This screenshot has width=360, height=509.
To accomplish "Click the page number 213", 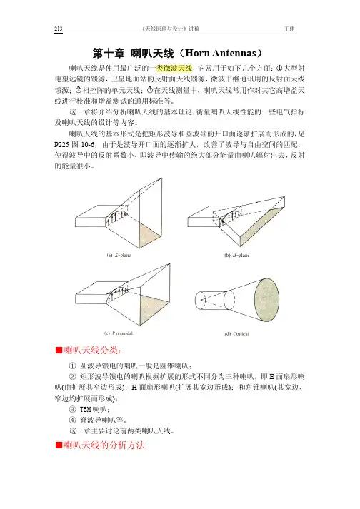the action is click(x=58, y=29).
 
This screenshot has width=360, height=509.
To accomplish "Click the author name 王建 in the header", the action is click(x=289, y=29).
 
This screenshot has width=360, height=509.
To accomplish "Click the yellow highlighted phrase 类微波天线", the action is click(x=174, y=68).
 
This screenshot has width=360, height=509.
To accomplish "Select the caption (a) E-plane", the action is click(x=119, y=255).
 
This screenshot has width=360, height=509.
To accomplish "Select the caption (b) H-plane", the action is click(x=237, y=255).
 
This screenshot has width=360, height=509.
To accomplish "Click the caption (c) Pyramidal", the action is click(x=119, y=333).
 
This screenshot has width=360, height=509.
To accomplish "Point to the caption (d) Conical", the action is click(x=236, y=333).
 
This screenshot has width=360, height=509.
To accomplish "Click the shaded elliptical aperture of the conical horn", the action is click(x=266, y=300).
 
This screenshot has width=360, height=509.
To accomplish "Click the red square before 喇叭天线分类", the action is click(x=59, y=351).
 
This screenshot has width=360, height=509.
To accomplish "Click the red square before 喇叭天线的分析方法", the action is click(x=59, y=445).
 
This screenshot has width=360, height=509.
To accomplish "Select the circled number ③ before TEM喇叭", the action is click(x=72, y=409).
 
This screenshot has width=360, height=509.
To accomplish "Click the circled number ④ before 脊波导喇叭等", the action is click(x=72, y=420).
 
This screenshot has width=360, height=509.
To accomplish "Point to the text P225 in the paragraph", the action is click(x=61, y=144).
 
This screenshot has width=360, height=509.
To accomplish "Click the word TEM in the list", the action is click(x=85, y=409).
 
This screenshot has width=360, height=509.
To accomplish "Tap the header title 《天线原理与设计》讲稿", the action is click(x=171, y=29).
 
